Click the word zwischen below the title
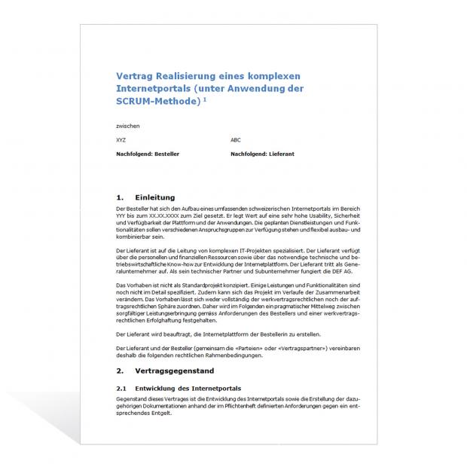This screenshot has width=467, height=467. pos(128,126)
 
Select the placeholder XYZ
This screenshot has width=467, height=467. pos(122,140)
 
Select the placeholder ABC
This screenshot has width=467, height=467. pos(236,140)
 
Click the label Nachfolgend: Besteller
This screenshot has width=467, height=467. pos(148,154)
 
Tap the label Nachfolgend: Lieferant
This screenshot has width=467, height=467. pos(261,154)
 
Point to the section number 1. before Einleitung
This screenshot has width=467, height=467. pos(121,197)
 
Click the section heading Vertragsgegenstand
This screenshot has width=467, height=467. pos(175,371)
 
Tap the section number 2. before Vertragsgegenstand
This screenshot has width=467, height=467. pos(121,371)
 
